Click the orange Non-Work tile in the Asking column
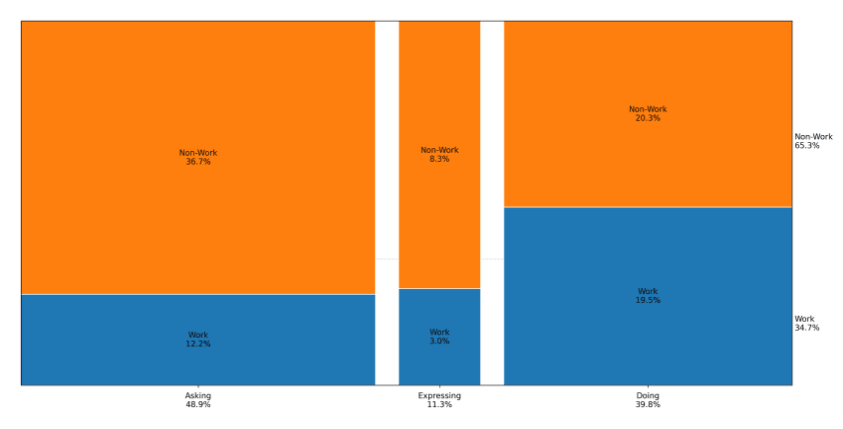tap(198, 99)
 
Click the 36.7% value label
tap(198, 162)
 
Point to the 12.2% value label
tap(198, 344)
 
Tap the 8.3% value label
tap(439, 159)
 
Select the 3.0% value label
tap(439, 341)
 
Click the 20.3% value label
tap(648, 118)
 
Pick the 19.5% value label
tap(648, 300)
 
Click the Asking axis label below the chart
tap(198, 396)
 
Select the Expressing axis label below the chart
tap(439, 396)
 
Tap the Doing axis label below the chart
tap(648, 396)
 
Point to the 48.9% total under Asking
tap(198, 405)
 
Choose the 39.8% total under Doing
tap(648, 405)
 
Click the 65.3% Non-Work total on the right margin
tap(807, 146)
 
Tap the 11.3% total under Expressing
tap(439, 405)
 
